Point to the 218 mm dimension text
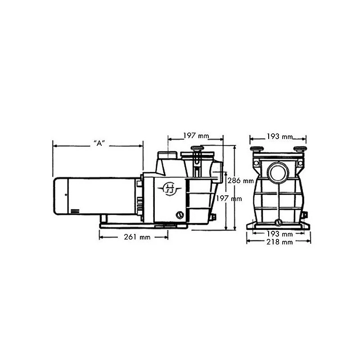[279, 242]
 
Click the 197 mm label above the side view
[196, 135]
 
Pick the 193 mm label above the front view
[279, 136]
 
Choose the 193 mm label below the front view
[279, 234]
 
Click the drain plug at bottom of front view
[278, 222]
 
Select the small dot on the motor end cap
[66, 194]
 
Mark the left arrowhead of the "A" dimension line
[54, 145]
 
